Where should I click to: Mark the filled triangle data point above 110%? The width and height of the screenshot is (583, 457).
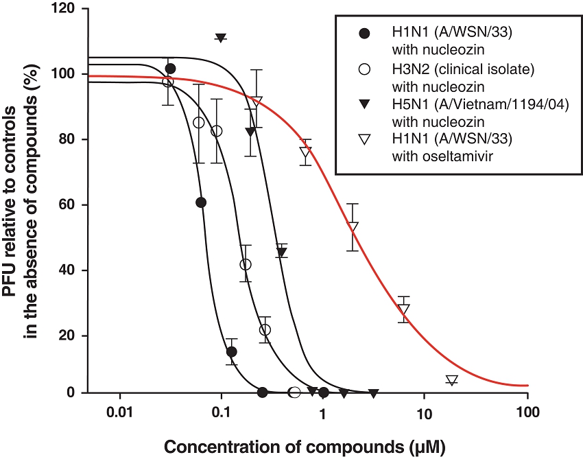pos(220,38)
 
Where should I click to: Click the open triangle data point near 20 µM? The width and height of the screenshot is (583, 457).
pos(451,380)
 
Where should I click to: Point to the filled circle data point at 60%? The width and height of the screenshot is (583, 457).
pos(201,202)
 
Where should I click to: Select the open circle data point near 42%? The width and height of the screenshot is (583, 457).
pos(246,264)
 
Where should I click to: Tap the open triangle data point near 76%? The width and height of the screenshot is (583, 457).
pos(306,153)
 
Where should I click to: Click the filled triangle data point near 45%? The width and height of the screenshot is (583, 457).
pos(282,252)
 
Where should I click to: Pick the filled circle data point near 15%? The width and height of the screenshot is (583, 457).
pos(232,351)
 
